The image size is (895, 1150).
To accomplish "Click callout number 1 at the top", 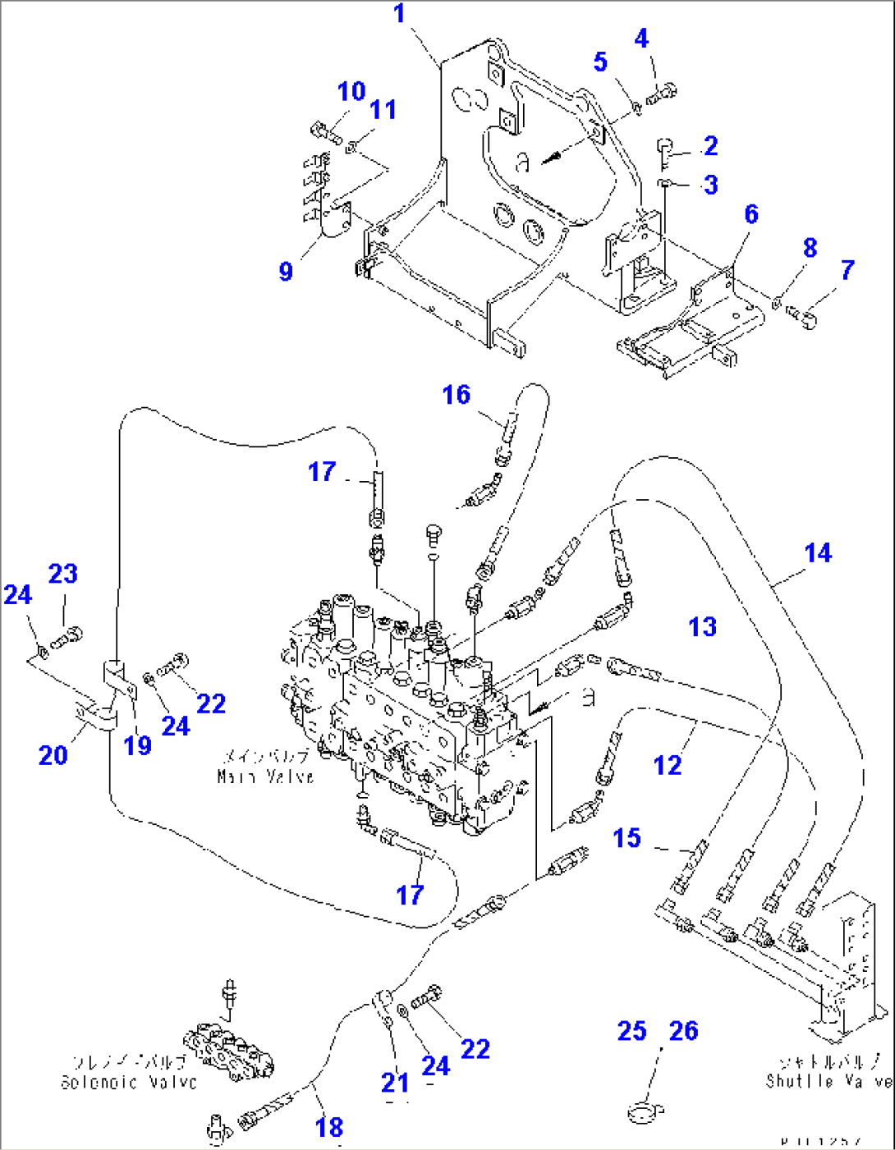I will (x=400, y=14).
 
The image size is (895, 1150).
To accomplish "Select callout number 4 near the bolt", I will (x=641, y=38).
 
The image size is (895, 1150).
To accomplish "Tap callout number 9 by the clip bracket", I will (x=286, y=271).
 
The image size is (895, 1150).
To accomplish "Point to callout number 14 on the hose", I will (x=817, y=553).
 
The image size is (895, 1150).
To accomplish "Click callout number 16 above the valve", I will (x=456, y=395).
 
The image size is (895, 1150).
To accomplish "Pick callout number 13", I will (x=702, y=627).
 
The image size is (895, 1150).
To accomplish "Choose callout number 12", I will (x=667, y=765).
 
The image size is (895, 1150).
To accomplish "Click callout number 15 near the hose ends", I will (x=626, y=838).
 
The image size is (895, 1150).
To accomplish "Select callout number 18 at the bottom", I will (x=329, y=1127).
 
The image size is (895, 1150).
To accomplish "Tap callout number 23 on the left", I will (x=63, y=574).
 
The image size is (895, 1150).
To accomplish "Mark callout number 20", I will (x=53, y=754).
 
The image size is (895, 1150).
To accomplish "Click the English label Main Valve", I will (x=265, y=777).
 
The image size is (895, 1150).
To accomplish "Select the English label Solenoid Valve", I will (x=129, y=1083).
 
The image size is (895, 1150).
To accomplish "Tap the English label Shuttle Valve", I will (x=828, y=1081).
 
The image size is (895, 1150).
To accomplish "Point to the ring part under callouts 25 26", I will (x=645, y=1112).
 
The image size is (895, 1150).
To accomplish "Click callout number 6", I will (x=750, y=214).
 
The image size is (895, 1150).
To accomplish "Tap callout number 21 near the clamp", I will (x=395, y=1083).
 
